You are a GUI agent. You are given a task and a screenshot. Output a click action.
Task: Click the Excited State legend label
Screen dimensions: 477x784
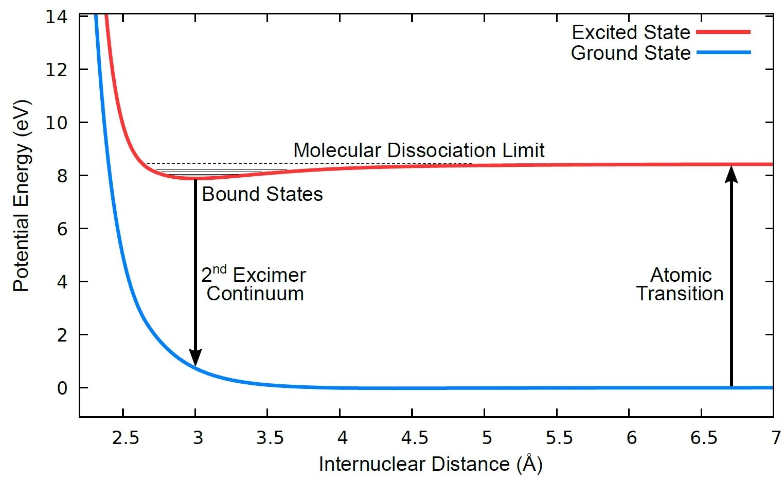[631, 32]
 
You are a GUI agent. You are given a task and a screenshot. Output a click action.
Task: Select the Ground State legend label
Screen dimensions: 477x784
[631, 53]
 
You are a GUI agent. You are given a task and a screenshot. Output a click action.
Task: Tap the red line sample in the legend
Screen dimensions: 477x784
[723, 32]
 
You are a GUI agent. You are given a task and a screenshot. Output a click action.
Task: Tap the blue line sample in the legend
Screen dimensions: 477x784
[723, 53]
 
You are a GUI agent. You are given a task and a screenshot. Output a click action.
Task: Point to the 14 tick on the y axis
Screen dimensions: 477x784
[57, 17]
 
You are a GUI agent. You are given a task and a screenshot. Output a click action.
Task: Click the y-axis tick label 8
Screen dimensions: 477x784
[62, 176]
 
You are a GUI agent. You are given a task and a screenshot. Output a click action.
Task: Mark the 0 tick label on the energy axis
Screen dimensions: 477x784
[62, 388]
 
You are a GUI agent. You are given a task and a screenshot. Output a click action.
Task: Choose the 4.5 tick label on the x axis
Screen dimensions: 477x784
[414, 438]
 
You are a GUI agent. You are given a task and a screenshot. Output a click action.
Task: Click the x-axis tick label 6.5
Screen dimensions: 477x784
[703, 438]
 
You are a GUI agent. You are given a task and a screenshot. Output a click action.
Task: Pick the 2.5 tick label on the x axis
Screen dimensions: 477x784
[126, 438]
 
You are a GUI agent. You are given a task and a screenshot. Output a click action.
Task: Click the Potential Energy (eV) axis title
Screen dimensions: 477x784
[22, 196]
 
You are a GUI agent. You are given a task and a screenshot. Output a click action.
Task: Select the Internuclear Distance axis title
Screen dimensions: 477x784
[431, 464]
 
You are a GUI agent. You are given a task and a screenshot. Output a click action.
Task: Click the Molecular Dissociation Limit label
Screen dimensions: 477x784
[419, 150]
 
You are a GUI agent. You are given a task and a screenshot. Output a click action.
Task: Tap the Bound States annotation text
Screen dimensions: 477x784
[262, 194]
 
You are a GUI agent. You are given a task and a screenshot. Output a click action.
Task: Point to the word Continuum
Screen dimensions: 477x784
[255, 294]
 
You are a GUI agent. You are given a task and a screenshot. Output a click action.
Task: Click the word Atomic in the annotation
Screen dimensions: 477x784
[681, 275]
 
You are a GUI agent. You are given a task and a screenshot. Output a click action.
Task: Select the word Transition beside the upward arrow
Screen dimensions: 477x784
[680, 294]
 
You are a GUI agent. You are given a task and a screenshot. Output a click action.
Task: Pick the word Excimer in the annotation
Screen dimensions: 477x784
[269, 275]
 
